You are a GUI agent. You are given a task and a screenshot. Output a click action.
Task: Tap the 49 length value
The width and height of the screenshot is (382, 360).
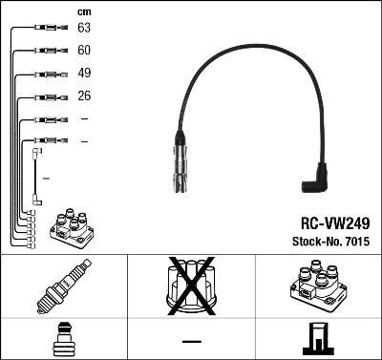[x=84, y=74]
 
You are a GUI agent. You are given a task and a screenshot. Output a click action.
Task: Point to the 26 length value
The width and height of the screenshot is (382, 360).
[x=84, y=96]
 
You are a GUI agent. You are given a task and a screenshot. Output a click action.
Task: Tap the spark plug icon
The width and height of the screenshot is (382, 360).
[x=63, y=287]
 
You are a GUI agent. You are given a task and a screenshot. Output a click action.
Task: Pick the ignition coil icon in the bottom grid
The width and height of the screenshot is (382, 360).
[x=317, y=286]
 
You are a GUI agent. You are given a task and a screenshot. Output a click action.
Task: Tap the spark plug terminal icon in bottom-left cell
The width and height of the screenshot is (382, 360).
[x=64, y=340]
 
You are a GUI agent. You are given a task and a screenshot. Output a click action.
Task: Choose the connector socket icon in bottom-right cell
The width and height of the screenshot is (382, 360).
[x=316, y=340]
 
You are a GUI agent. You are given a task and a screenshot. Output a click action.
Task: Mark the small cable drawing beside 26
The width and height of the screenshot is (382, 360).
[x=46, y=96]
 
